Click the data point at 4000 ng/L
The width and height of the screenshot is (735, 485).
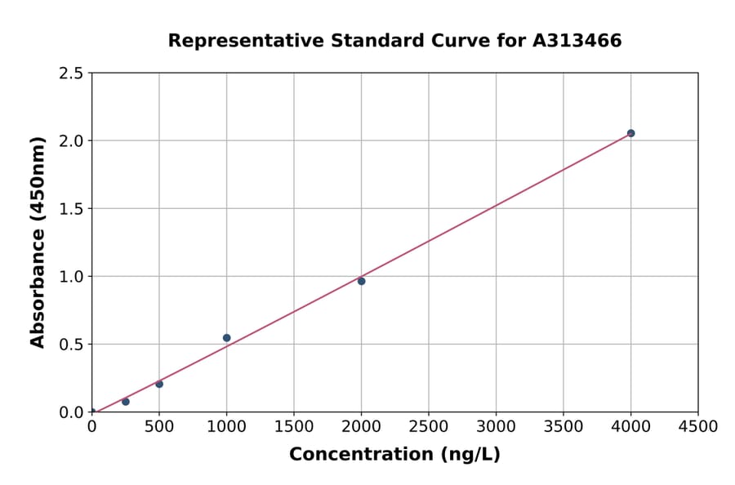pos(630,133)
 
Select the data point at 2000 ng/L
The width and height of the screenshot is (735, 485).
pos(361,281)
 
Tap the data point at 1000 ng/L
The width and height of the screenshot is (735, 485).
pos(226,338)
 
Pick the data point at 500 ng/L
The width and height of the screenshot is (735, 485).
pos(159,384)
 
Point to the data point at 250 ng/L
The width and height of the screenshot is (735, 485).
pos(126,402)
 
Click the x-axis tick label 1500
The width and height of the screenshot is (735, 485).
pos(294,427)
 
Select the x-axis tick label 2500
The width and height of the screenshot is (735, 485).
pos(429,427)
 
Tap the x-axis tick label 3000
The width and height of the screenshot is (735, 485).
pos(496,427)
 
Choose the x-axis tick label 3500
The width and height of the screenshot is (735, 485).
pos(563,427)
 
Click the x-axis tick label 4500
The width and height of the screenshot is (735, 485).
pos(698,427)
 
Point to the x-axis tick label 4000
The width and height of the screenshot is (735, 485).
pos(630,427)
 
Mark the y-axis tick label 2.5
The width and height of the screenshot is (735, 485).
pos(70,73)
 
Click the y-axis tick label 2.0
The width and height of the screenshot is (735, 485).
pos(70,141)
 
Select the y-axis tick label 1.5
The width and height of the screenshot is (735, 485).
pos(70,209)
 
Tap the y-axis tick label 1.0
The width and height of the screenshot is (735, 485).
pos(70,277)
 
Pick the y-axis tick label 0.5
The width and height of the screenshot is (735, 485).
pos(70,345)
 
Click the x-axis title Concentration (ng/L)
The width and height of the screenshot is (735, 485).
pos(394,455)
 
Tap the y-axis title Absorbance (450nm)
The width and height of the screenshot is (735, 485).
pos(38,242)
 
